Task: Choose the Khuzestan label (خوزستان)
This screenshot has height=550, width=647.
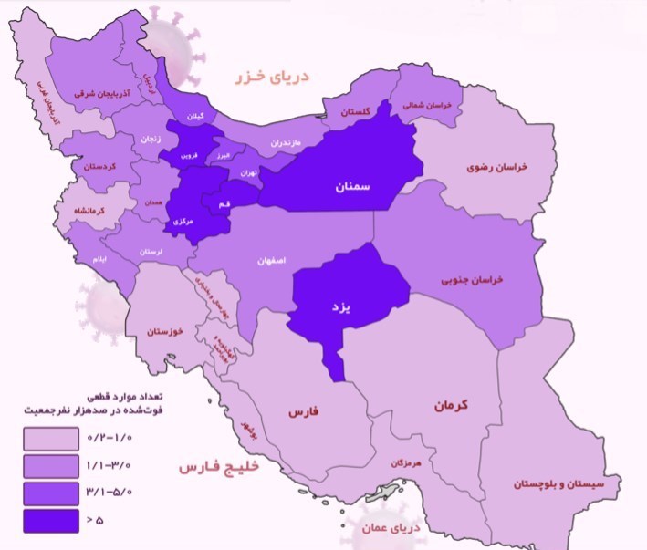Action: coord(170,329)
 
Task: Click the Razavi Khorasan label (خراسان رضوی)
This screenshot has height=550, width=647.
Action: coord(498,168)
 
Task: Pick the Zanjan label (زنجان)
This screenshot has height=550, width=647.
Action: coord(151,140)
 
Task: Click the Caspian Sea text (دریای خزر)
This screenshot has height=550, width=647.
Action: coord(270,77)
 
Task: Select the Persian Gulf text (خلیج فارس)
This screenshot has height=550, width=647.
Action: coord(220,467)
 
